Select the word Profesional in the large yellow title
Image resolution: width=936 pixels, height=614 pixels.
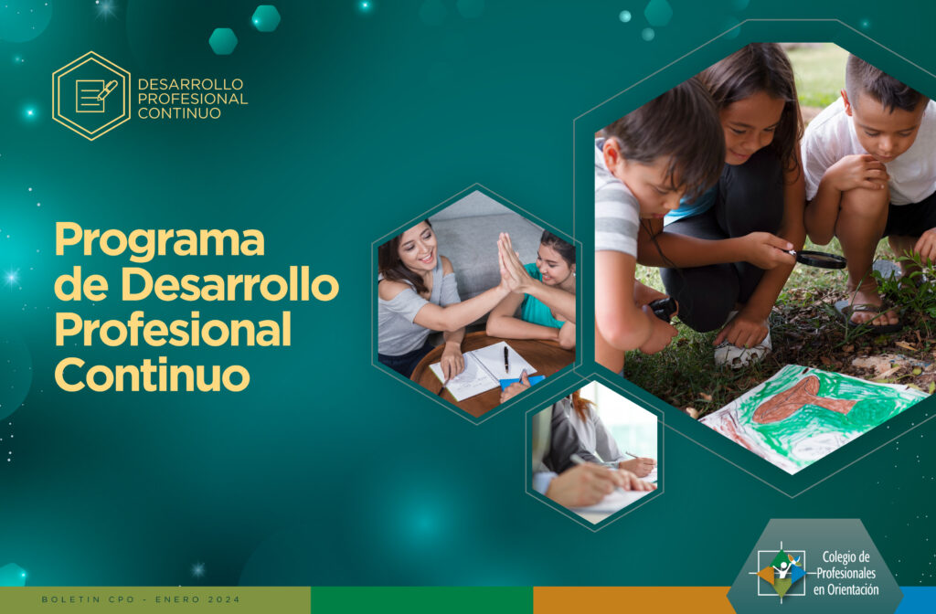[173, 329]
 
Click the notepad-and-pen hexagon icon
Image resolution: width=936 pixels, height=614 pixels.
[91, 95]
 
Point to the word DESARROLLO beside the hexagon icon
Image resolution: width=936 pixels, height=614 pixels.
[190, 83]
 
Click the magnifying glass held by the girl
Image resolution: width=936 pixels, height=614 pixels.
[818, 259]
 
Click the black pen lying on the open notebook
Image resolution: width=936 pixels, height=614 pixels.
[506, 359]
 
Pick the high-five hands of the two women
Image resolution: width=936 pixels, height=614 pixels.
[512, 263]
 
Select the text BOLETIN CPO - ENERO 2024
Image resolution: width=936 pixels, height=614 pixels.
[141, 599]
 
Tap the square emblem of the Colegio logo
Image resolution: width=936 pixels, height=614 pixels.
[781, 573]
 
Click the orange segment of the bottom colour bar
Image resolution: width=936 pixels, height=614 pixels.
[633, 600]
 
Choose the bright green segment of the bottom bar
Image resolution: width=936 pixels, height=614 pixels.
[421, 600]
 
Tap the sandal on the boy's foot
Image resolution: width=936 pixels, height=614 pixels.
[867, 315]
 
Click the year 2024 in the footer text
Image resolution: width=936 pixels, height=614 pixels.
[224, 599]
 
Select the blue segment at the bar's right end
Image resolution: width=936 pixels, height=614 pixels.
[918, 600]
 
